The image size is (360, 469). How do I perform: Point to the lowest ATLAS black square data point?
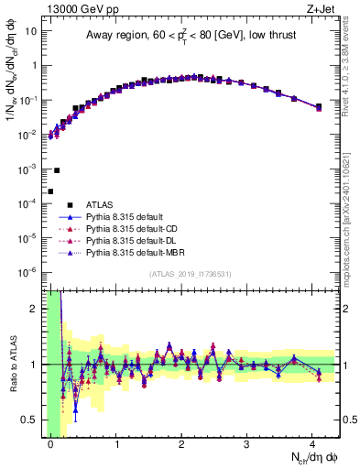coord(50,191)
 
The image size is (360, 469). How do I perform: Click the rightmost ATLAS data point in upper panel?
coord(319,107)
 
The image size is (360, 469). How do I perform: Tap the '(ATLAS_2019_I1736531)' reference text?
coord(191,275)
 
